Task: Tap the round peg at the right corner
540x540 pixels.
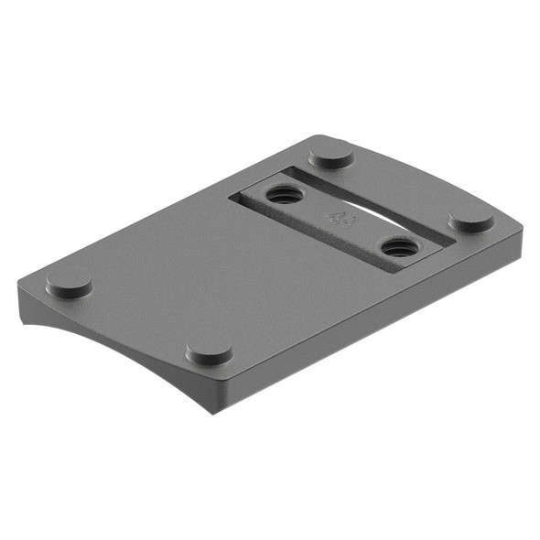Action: [x=471, y=220]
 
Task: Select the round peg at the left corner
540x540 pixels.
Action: [x=69, y=284]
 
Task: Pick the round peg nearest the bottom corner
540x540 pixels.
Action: [x=210, y=353]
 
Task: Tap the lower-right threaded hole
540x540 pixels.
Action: [x=398, y=246]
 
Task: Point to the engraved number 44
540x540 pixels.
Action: [x=340, y=219]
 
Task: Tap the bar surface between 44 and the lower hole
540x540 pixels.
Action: [x=366, y=232]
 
